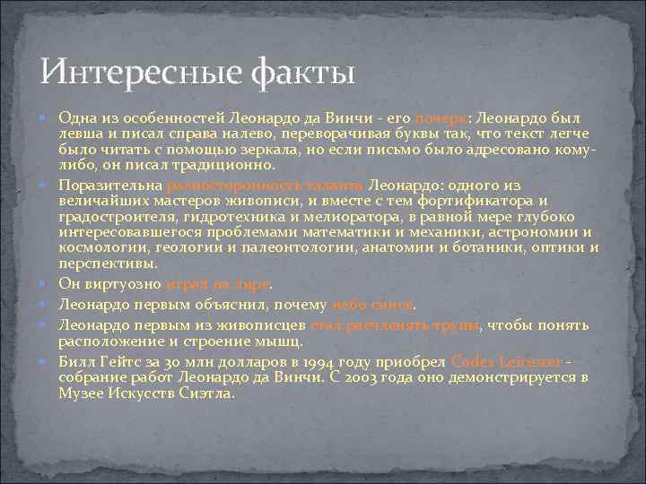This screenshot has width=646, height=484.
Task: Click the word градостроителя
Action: [x=117, y=216]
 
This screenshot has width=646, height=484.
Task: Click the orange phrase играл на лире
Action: [x=218, y=284]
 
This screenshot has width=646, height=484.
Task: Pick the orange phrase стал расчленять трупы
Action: [x=396, y=324]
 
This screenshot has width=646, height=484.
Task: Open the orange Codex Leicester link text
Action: [x=507, y=361]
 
